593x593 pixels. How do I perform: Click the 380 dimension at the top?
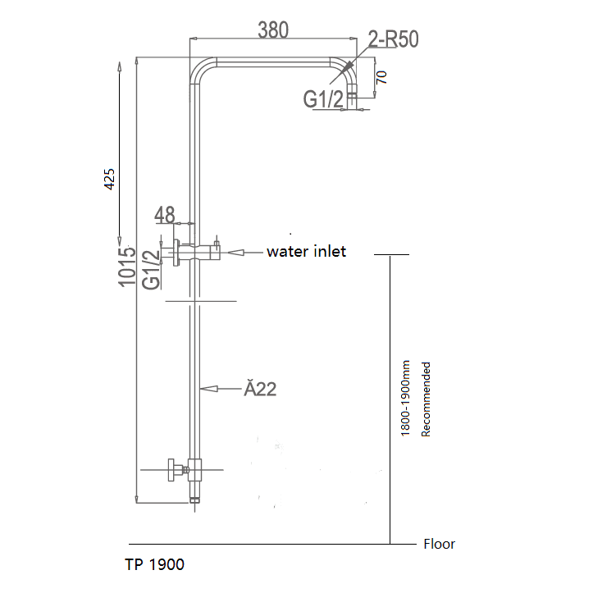click(273, 30)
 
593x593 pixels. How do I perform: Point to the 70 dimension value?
click(381, 78)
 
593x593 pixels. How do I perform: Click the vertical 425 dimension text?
click(110, 180)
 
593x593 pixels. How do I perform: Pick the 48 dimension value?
click(165, 214)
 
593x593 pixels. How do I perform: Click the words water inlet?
click(306, 251)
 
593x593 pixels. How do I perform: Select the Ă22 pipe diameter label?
click(259, 389)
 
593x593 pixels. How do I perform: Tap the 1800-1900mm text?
click(406, 398)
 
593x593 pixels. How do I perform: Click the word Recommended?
click(426, 399)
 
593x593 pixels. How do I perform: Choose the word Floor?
click(439, 544)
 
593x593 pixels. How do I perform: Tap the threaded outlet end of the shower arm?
click(352, 98)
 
